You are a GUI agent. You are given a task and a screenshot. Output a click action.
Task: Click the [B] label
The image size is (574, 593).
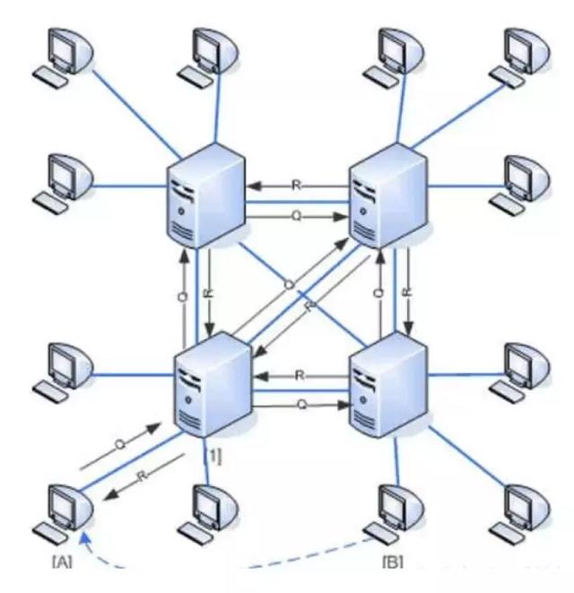coord(394,562)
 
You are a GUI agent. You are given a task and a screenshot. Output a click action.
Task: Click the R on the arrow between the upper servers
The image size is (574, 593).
coord(295,185)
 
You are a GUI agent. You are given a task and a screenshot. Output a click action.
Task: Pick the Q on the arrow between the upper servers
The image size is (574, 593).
coord(297,216)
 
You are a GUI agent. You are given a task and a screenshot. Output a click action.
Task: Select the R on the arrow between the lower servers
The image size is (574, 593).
coord(300,374)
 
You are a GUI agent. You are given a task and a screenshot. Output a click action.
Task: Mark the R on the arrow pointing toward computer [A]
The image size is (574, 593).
coord(141,476)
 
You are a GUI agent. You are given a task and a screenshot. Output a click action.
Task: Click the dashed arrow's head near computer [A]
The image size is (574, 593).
coord(81,536)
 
